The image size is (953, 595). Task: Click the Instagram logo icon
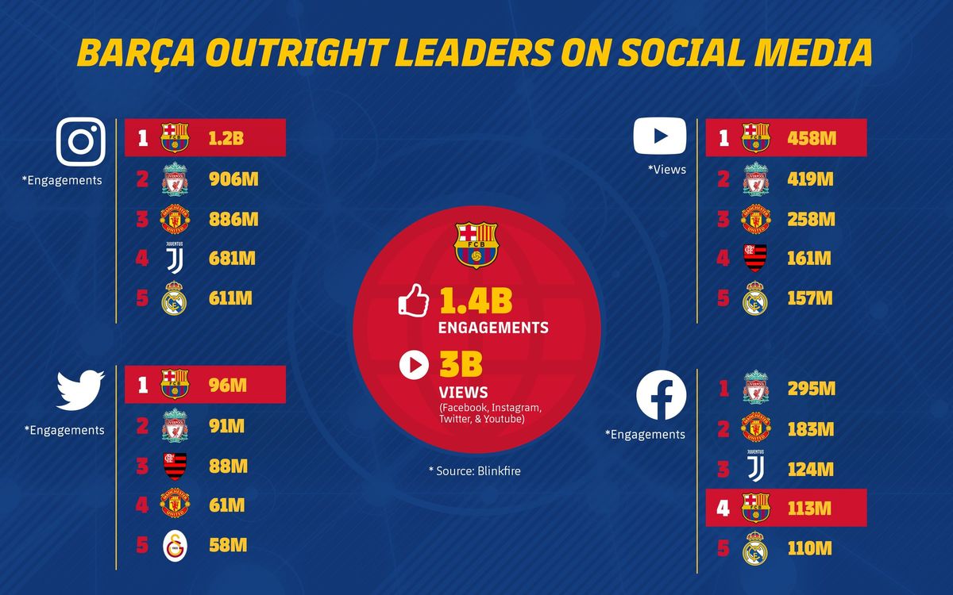pos(81,142)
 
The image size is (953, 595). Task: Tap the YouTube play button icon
pos(659,136)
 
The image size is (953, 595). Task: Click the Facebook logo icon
pos(661,397)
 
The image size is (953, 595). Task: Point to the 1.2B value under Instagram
pos(226,138)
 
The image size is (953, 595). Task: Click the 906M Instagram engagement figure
pos(233,179)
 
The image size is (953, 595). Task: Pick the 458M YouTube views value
pos(809,138)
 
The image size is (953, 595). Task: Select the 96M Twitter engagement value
pos(227,386)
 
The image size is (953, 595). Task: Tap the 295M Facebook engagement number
pos(809,389)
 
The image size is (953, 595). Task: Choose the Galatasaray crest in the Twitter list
pos(176,546)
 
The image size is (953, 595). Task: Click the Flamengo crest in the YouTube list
pos(755,259)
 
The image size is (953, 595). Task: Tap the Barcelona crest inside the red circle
pos(476,244)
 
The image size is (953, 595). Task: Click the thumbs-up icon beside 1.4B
pos(414,301)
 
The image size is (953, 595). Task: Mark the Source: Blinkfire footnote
pos(475,471)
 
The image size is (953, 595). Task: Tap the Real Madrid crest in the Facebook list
pos(755,549)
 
